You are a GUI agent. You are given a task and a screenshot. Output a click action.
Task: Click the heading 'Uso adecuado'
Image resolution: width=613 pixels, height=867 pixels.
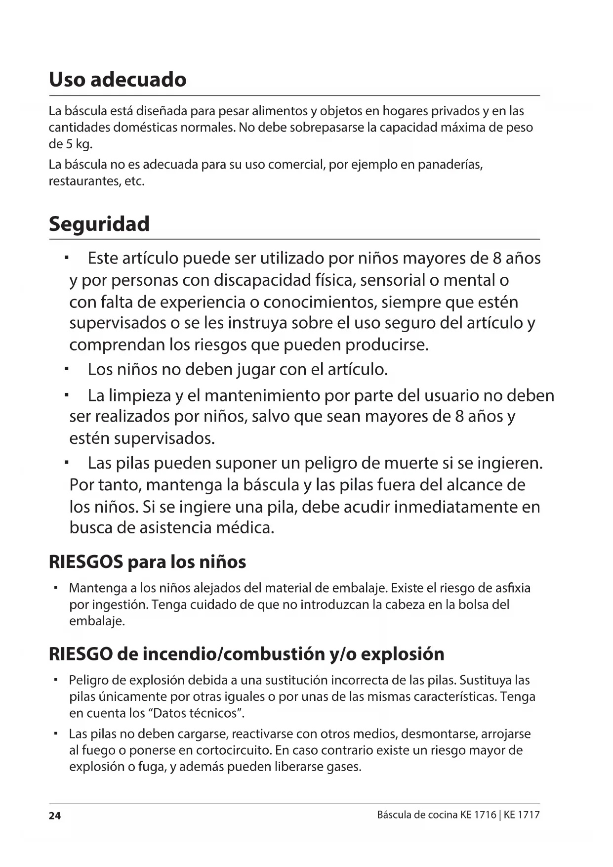click(118, 80)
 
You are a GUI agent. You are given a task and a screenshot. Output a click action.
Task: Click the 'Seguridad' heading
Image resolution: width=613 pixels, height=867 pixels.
click(99, 224)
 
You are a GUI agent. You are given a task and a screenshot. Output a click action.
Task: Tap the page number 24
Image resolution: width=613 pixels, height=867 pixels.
click(54, 816)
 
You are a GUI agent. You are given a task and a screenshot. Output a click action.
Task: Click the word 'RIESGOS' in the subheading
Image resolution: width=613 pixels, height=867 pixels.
click(86, 562)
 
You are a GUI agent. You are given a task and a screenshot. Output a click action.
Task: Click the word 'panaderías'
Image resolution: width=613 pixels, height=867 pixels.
click(450, 165)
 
